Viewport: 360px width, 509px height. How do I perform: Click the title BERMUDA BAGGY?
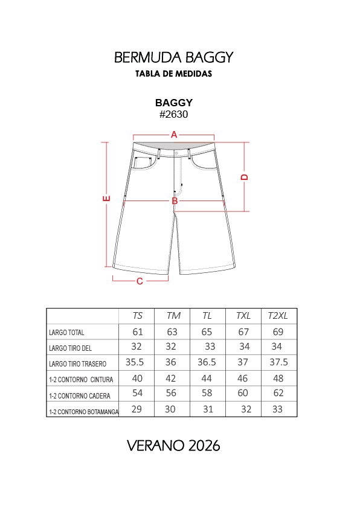[174, 57]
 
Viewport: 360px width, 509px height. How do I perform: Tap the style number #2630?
[174, 114]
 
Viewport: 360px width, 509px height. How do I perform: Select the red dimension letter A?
[174, 135]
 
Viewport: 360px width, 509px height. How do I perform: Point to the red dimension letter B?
[175, 200]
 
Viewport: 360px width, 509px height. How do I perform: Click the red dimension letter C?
[140, 281]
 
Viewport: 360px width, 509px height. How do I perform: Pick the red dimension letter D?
[245, 177]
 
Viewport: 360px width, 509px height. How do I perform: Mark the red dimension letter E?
[106, 198]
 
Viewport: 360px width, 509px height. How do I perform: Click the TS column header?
[138, 316]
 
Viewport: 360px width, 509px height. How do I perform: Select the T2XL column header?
[278, 316]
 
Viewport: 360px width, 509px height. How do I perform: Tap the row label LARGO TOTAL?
[67, 333]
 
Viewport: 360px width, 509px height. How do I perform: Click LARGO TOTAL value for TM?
[173, 331]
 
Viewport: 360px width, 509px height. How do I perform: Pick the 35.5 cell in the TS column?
[135, 363]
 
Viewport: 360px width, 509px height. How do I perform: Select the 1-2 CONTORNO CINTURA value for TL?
[207, 379]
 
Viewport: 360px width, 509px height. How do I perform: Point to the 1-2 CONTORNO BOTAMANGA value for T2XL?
[278, 409]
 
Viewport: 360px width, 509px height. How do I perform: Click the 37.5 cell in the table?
[278, 363]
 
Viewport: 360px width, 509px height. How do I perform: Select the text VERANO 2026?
[173, 446]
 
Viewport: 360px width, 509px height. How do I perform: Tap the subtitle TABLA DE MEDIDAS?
[173, 74]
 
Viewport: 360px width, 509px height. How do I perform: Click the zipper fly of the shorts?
[178, 175]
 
